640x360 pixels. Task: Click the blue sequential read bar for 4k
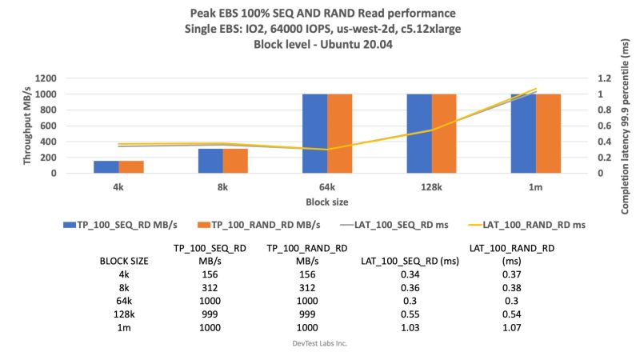coord(106,166)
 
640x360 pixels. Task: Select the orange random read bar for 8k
coord(235,161)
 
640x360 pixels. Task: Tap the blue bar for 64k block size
coord(315,133)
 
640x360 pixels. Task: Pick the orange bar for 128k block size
coord(444,133)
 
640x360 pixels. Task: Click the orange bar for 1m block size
coord(548,133)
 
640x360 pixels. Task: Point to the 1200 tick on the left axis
coord(46,78)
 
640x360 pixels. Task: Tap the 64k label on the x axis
coord(326,186)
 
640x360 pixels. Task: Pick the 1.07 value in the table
coord(511,327)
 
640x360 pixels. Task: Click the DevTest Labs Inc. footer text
coord(319,343)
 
